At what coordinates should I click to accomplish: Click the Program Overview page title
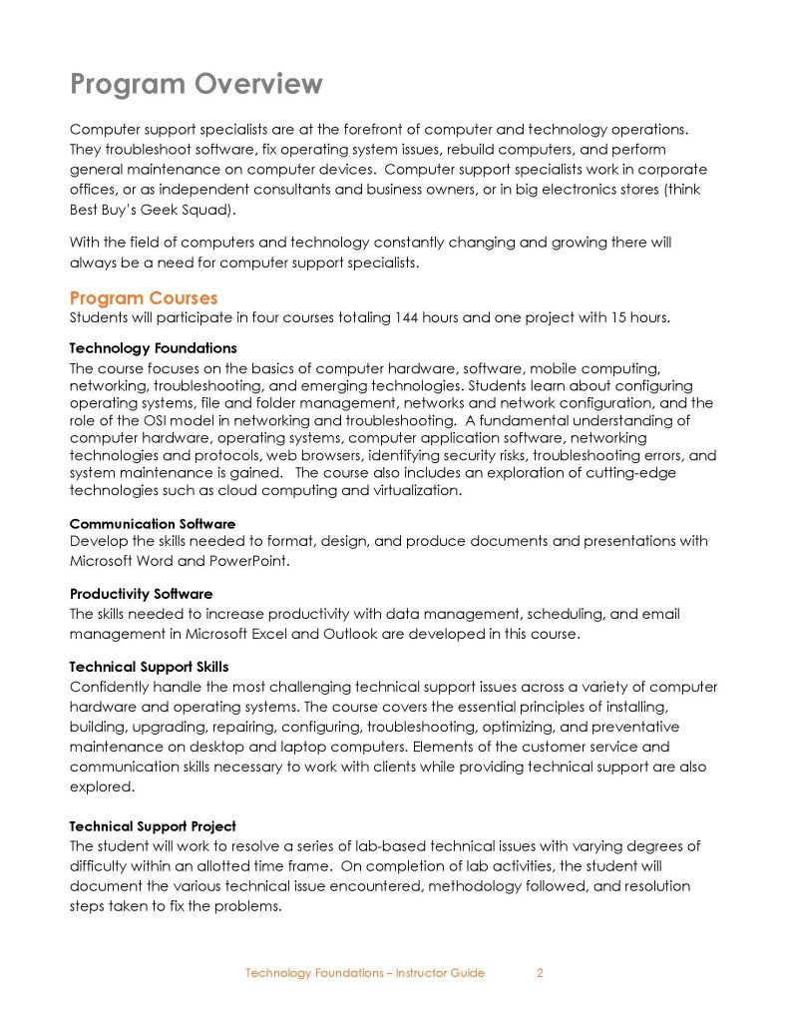[x=197, y=84]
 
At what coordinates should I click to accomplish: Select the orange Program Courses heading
[x=144, y=298]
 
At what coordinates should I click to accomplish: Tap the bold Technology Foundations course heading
[x=153, y=348]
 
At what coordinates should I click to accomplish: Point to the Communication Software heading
[x=153, y=523]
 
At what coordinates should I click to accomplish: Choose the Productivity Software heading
[x=141, y=594]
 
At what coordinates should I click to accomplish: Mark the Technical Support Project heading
[x=153, y=826]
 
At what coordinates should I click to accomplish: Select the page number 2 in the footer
[x=540, y=973]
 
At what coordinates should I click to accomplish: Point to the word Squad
[x=201, y=211]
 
